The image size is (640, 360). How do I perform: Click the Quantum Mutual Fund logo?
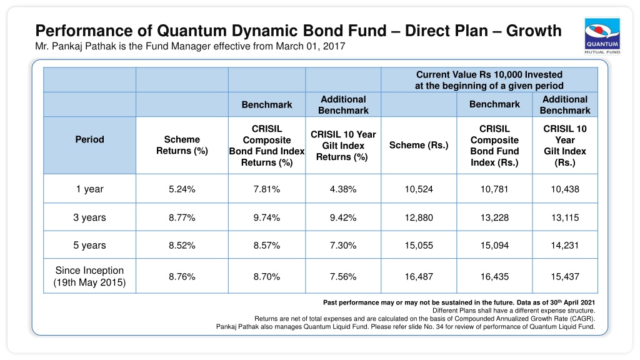point(602,36)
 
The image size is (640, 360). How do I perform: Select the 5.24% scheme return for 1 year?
point(182,189)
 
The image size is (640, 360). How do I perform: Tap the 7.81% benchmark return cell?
point(266,189)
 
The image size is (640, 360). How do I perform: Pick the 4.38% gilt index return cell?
point(343,189)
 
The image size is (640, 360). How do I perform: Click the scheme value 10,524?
point(419,189)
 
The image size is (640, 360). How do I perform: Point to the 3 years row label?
point(89,217)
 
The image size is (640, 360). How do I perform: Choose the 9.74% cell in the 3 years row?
point(266,217)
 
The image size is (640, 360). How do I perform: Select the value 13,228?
point(494,217)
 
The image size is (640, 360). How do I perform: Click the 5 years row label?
point(89,245)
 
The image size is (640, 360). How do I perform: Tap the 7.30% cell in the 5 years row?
point(343,245)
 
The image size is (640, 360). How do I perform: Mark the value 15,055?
point(419,245)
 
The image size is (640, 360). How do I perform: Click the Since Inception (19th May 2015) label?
point(89,276)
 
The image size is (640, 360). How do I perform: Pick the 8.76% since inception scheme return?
point(182,276)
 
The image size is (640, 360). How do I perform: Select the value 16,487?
point(419,276)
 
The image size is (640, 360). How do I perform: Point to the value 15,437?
point(565,276)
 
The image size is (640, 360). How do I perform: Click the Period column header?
point(89,139)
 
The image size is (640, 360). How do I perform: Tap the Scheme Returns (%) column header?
point(182,145)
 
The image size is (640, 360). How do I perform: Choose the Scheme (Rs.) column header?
point(419,145)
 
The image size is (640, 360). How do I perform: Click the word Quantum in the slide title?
point(192,31)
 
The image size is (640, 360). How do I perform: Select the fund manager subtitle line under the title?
point(190,46)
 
